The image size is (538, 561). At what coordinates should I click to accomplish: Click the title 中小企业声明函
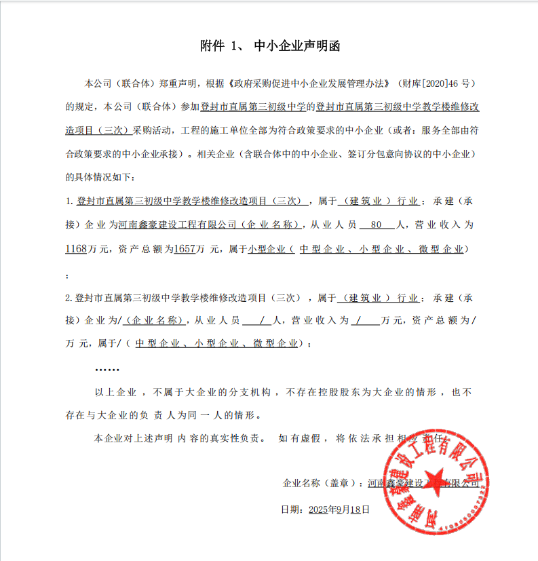coord(296,46)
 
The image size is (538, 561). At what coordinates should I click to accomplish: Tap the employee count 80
coord(377,224)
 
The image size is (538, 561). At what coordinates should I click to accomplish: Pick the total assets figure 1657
coord(185,249)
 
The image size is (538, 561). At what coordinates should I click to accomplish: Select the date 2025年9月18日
coord(339,509)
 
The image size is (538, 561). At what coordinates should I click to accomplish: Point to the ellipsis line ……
coord(107,369)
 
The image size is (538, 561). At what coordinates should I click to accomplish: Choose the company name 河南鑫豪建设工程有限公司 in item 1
coord(177,224)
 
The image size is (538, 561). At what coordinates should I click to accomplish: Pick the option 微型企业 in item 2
coord(275,343)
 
